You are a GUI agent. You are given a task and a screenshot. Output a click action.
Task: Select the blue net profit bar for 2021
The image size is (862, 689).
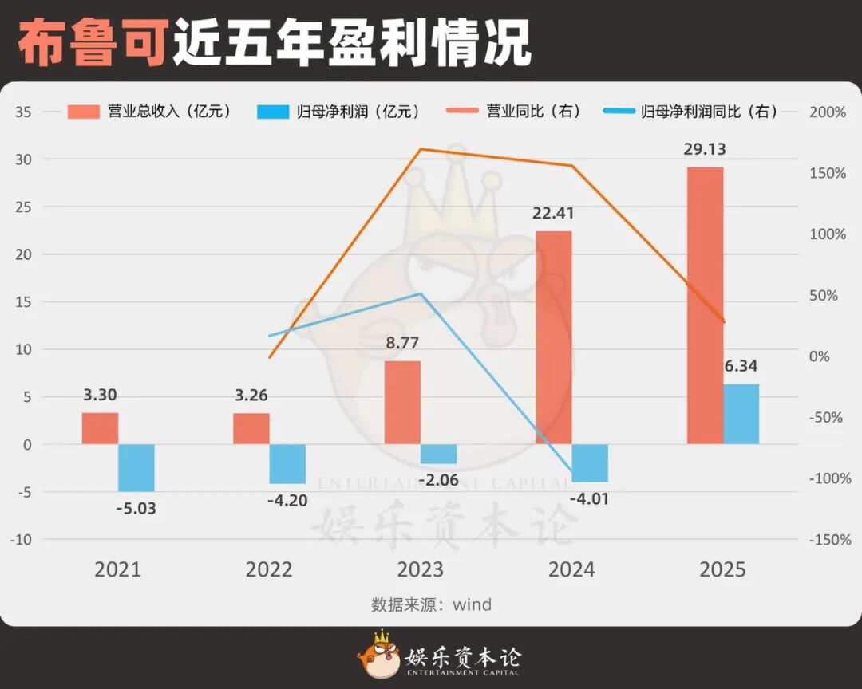(x=136, y=468)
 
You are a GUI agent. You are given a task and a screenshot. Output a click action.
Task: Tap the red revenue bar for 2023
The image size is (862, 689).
(x=402, y=403)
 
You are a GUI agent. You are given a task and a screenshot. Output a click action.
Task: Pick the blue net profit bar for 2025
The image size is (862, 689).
(x=741, y=414)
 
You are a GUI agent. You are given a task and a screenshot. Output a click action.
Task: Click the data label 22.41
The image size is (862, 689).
(x=553, y=214)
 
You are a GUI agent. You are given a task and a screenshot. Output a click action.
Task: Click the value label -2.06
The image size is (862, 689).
(x=438, y=479)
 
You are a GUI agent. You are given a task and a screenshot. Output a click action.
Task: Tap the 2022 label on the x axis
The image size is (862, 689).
(x=269, y=569)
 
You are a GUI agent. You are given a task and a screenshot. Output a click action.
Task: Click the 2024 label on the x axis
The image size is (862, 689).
(x=571, y=569)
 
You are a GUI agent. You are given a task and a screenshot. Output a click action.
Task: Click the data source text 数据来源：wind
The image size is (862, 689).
(x=431, y=604)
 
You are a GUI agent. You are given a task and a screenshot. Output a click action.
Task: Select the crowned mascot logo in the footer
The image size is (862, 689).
(x=378, y=655)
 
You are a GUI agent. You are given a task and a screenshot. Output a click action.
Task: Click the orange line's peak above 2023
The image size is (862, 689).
(x=421, y=149)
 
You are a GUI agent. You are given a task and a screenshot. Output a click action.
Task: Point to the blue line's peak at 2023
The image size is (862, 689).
(x=421, y=293)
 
